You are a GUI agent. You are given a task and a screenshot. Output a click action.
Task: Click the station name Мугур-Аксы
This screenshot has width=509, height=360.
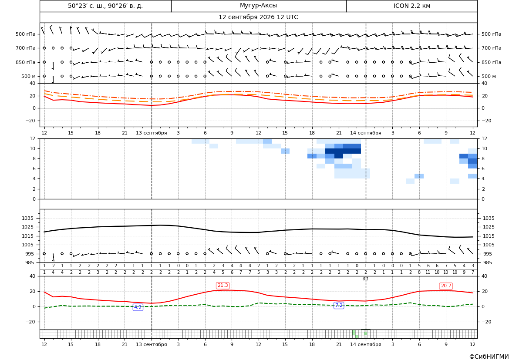tap(258, 6)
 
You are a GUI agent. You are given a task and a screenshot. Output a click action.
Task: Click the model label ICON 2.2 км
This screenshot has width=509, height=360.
tap(411, 6)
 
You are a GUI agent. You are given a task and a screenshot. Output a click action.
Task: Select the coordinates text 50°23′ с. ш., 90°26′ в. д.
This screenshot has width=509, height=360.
tap(105, 6)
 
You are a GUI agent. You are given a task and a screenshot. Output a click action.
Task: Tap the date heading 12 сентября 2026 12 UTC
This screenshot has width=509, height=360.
tap(258, 17)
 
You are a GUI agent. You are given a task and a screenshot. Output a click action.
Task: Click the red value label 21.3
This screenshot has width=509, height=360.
tap(222, 285)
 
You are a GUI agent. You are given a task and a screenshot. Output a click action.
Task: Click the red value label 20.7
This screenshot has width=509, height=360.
tap(446, 286)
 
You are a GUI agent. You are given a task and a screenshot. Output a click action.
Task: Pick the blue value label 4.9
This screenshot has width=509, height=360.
tap(138, 307)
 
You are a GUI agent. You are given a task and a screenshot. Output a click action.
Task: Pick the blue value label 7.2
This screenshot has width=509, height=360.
tap(339, 306)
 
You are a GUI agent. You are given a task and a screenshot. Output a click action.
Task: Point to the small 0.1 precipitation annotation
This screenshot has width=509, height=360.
tap(365, 279)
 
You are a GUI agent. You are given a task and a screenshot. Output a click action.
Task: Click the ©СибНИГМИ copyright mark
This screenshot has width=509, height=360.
tap(489, 357)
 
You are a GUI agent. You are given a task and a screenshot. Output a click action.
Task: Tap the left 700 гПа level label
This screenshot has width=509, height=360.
tap(26, 48)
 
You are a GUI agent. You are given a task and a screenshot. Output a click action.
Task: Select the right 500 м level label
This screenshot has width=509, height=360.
tap(489, 76)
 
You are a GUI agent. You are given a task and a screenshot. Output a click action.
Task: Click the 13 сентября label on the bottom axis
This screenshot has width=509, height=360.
tap(151, 344)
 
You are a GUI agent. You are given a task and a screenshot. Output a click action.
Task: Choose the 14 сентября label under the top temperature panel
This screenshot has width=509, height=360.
tap(365, 133)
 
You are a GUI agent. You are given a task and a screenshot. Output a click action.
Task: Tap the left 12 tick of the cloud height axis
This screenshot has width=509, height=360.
tap(33, 138)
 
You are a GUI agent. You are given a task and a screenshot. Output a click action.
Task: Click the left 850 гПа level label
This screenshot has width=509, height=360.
tap(26, 62)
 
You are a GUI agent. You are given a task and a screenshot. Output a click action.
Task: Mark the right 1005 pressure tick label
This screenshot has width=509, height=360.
tap(489, 245)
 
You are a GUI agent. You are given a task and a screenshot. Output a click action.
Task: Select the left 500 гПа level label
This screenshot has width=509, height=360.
tap(26, 34)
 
